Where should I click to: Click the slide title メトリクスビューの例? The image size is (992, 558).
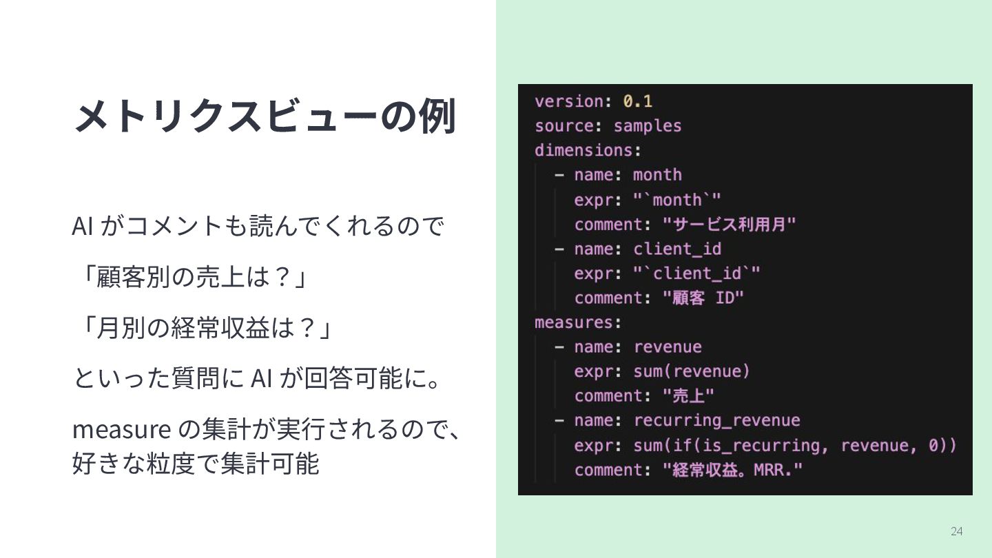click(265, 116)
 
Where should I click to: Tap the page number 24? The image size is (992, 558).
click(956, 530)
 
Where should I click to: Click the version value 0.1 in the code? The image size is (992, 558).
click(637, 101)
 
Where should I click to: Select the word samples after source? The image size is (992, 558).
click(647, 126)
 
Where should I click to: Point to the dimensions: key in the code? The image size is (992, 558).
click(588, 150)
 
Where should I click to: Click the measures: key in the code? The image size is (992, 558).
click(578, 322)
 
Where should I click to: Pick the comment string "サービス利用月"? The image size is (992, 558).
click(730, 225)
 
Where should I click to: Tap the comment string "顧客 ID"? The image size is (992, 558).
click(703, 298)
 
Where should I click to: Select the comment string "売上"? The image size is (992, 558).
click(688, 396)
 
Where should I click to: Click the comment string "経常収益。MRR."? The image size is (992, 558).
click(733, 470)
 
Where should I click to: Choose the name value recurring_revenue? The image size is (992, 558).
click(716, 420)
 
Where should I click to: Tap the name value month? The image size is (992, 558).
click(657, 175)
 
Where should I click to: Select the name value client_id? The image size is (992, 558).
click(676, 249)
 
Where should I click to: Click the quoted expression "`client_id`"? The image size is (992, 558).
click(696, 273)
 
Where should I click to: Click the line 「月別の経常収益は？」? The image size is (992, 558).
click(203, 328)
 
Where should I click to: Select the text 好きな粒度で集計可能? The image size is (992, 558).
click(196, 464)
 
